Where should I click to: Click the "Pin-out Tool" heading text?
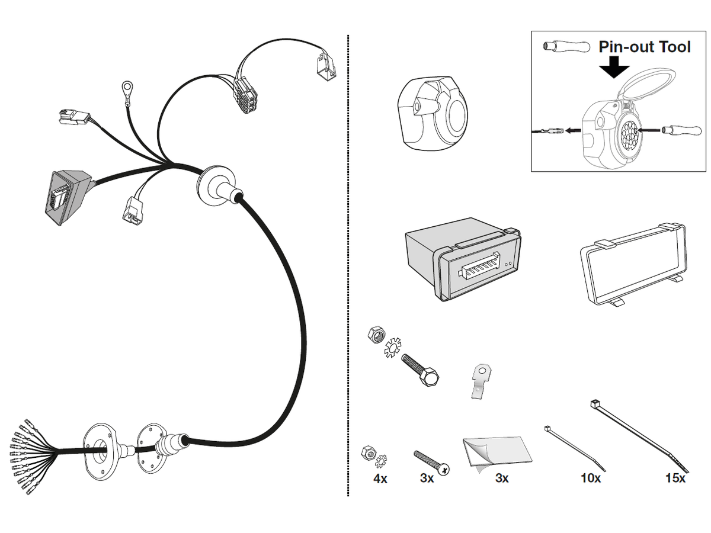[x=645, y=46]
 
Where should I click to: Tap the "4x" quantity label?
[x=380, y=478]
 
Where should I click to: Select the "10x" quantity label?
[x=591, y=478]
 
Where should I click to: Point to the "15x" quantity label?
[x=675, y=478]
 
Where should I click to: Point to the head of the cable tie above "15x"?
[x=594, y=404]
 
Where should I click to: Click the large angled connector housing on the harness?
[x=66, y=195]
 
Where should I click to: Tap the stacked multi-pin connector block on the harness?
[x=245, y=95]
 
